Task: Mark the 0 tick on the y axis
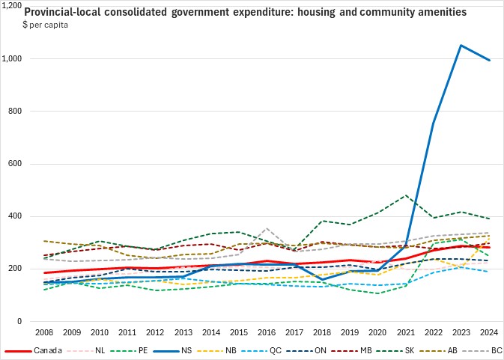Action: (x=34, y=322)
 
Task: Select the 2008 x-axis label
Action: (x=45, y=332)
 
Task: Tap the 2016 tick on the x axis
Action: (x=267, y=332)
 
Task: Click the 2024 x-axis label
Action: (x=489, y=332)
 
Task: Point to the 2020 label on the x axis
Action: (x=378, y=332)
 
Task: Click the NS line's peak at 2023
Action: (x=461, y=46)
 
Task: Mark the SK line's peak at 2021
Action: (x=406, y=195)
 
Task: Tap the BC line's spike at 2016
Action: (x=267, y=228)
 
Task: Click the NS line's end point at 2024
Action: (x=489, y=61)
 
